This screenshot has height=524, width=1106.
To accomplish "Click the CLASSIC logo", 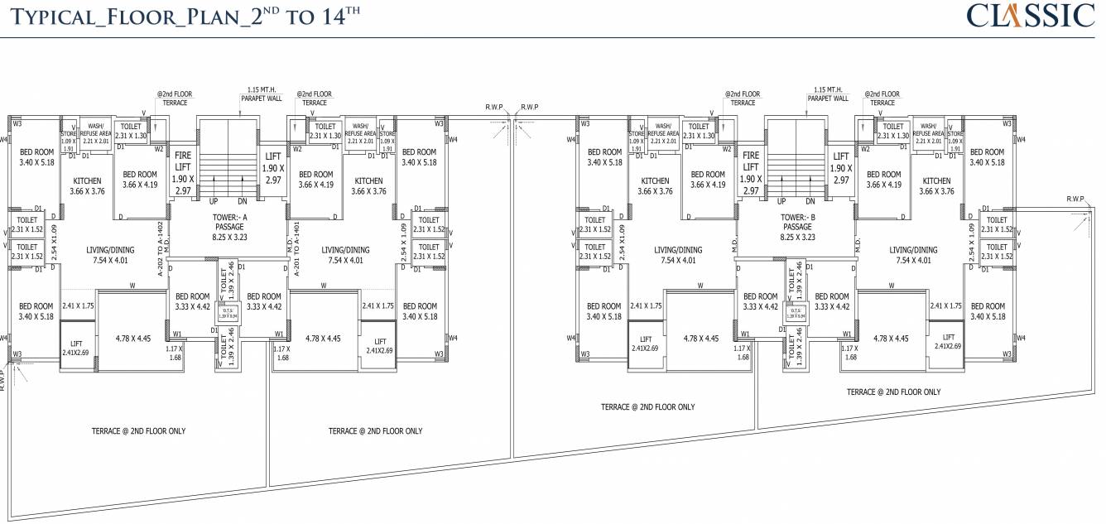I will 1031,17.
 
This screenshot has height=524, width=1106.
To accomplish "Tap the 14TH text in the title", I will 338,16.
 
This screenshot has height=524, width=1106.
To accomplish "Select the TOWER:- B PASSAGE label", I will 796,227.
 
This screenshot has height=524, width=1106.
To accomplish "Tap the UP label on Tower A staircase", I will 214,201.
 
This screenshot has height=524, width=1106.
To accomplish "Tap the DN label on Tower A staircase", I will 242,201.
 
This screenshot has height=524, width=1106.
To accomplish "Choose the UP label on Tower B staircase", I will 782,201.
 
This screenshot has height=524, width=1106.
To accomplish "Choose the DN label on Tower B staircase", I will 810,201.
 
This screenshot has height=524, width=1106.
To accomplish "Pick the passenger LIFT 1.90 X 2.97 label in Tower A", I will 273,168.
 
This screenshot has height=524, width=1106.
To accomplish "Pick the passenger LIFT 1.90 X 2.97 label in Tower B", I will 842,168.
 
